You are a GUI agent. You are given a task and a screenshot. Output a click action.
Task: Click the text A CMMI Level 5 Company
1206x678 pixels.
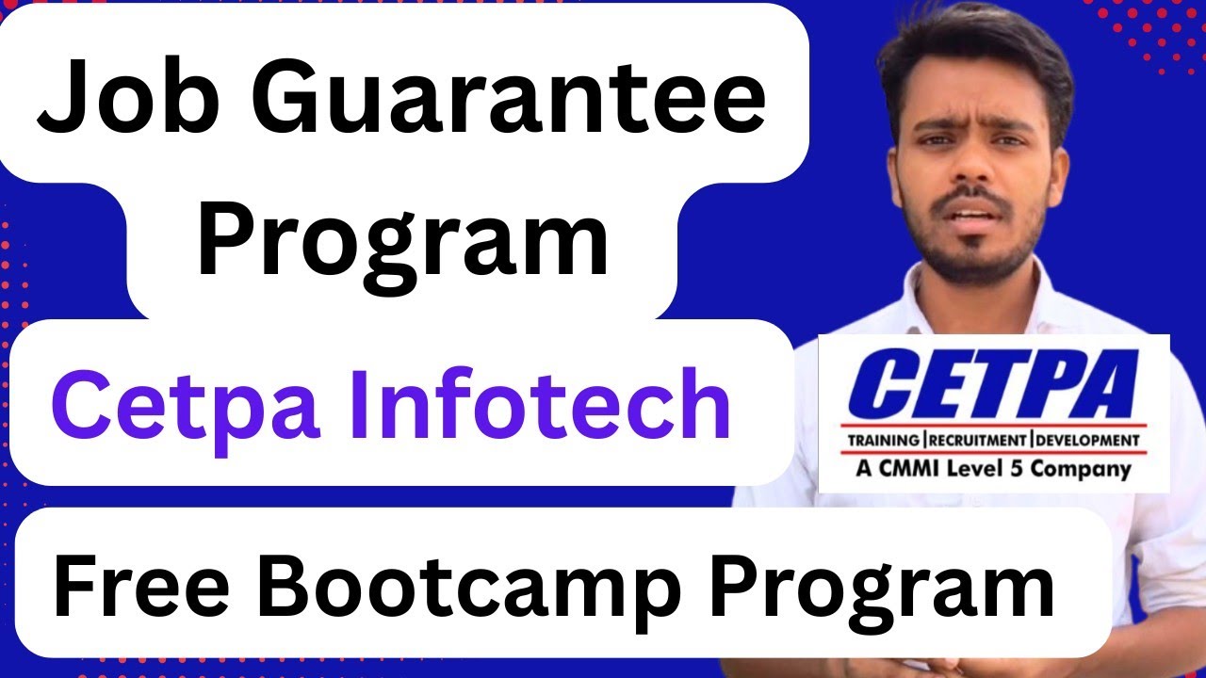(x=992, y=468)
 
